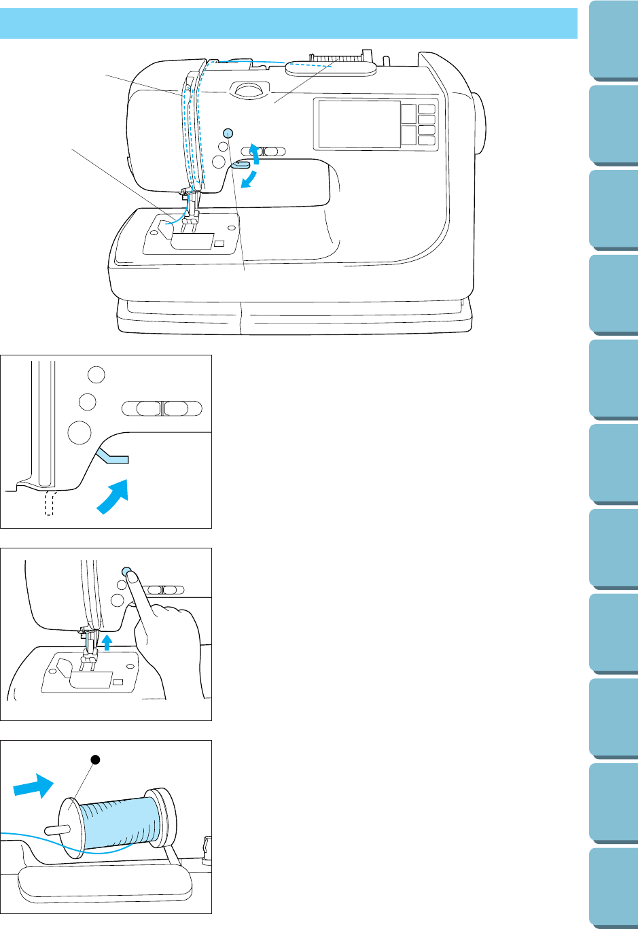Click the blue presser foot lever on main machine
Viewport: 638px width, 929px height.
click(241, 163)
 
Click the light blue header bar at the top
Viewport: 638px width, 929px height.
click(289, 23)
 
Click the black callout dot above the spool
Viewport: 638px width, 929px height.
click(95, 761)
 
